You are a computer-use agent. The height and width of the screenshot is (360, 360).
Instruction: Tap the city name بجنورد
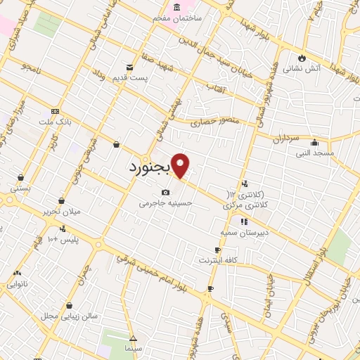[150, 169]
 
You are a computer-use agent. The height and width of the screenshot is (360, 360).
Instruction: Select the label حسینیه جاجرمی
[165, 202]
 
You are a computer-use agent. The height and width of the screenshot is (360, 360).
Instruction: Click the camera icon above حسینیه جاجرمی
[165, 192]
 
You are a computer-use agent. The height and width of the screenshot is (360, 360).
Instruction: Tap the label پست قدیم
[131, 77]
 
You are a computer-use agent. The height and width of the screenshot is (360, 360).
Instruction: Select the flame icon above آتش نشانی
[302, 58]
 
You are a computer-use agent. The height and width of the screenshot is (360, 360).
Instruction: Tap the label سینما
[133, 348]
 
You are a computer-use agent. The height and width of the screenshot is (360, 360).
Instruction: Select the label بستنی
[20, 188]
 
